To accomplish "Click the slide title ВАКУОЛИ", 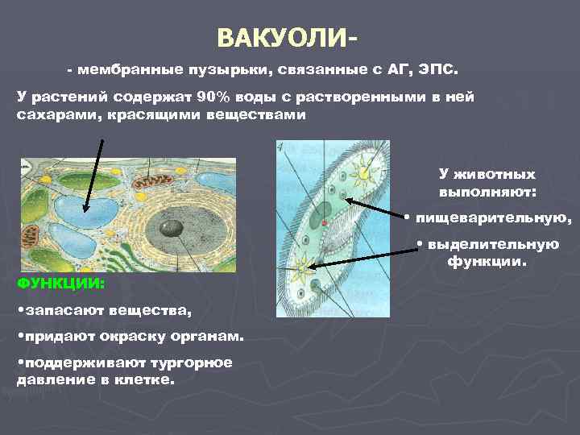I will point(287,38).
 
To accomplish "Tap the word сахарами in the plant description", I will point(48,114).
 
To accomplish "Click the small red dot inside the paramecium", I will point(323,222).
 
